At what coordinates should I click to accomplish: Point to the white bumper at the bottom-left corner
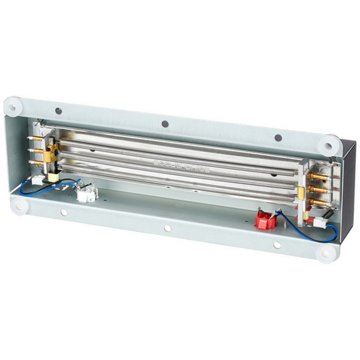(x=20, y=205)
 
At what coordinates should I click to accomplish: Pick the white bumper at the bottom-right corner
(x=326, y=253)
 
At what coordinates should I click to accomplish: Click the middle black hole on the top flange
(x=164, y=124)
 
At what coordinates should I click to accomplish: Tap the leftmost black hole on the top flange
(x=58, y=111)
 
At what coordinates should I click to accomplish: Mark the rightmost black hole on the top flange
(x=278, y=138)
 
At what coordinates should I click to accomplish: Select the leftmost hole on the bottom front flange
(x=64, y=212)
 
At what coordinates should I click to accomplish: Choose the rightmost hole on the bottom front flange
(x=277, y=244)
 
